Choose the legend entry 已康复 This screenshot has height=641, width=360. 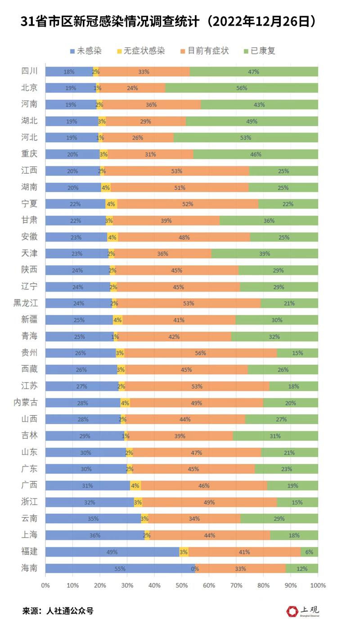point(263,50)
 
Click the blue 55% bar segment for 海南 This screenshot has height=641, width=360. point(120,569)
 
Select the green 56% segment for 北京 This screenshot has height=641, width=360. point(242,88)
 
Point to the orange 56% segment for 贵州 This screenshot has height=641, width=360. point(201,353)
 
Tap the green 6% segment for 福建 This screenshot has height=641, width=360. point(309,552)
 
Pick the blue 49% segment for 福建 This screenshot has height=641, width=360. point(112,552)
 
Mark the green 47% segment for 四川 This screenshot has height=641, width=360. point(254,72)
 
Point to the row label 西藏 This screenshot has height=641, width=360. point(29,369)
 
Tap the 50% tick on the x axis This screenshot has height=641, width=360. point(182,585)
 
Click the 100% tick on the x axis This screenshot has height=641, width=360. point(318,585)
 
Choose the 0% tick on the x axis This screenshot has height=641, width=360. point(45,585)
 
